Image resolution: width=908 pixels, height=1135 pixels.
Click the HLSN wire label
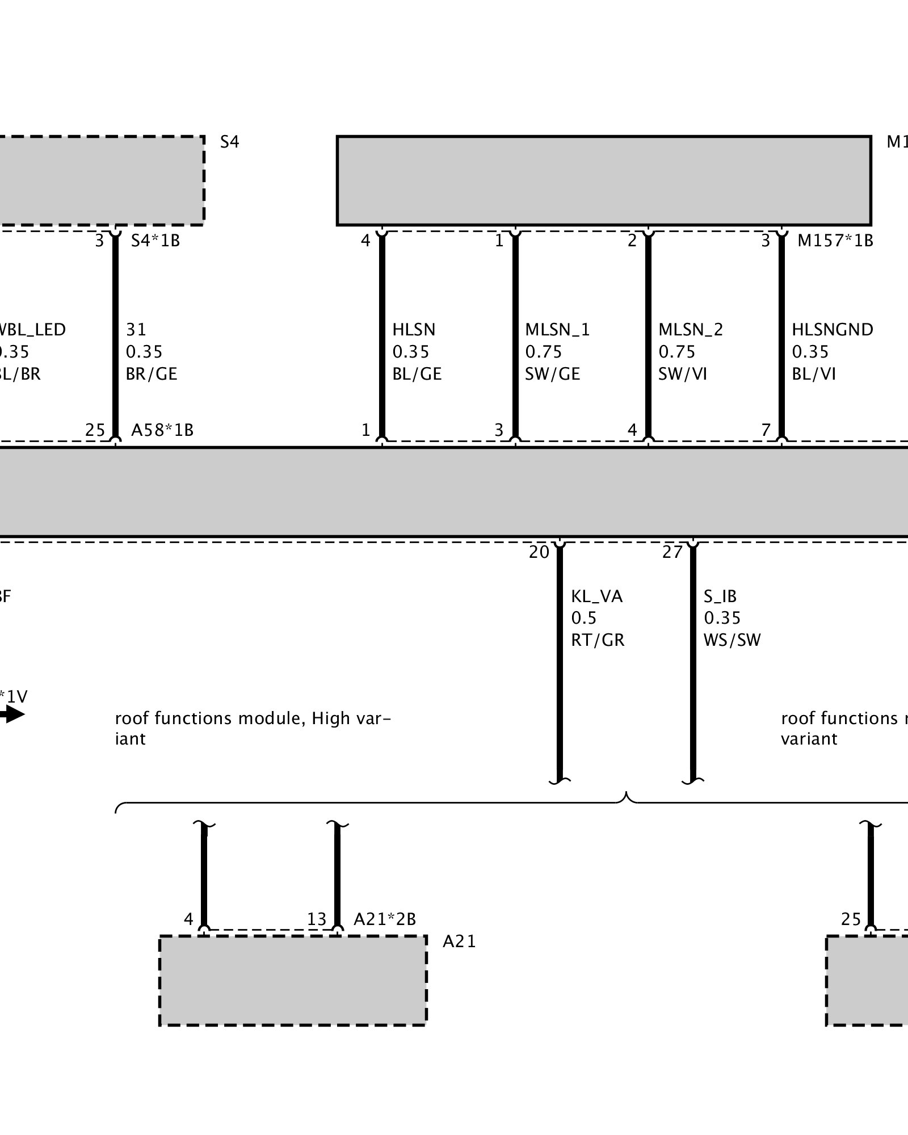(x=414, y=330)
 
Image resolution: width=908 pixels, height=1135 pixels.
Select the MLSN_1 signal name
(x=557, y=330)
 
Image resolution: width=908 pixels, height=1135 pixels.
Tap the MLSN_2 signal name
(x=691, y=330)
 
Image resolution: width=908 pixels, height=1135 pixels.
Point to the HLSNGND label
(x=832, y=330)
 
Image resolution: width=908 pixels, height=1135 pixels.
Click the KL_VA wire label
(x=596, y=596)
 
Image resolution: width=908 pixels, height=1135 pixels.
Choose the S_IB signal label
(x=720, y=596)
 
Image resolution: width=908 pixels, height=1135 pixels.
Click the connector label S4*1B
(x=155, y=241)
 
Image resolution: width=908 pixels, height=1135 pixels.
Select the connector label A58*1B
(x=162, y=430)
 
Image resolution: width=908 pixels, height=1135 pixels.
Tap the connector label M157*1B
(x=835, y=241)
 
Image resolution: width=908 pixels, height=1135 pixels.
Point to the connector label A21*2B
(x=385, y=919)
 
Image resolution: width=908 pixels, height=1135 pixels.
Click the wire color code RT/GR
(x=598, y=640)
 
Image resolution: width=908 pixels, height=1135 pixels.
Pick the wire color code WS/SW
(x=732, y=640)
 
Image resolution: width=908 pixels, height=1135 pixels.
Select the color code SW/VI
(x=682, y=374)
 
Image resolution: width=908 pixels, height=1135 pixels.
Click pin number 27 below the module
(x=672, y=552)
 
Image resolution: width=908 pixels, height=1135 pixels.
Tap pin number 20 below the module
(x=539, y=552)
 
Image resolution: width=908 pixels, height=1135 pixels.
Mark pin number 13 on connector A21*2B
(x=317, y=919)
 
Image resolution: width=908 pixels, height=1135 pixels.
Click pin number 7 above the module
(x=766, y=430)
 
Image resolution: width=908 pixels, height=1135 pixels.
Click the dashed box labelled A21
(x=293, y=980)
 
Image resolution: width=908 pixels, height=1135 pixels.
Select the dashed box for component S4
(x=102, y=180)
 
